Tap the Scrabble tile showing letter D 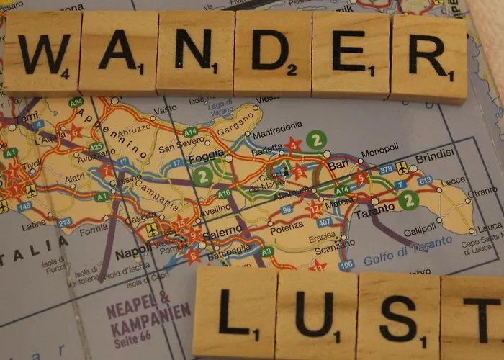pyautogui.click(x=272, y=54)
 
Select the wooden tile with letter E pyautogui.click(x=350, y=55)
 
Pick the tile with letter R pyautogui.click(x=429, y=58)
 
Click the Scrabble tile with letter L pyautogui.click(x=234, y=312)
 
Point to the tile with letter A pyautogui.click(x=117, y=53)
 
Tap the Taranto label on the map pyautogui.click(x=376, y=207)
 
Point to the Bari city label pyautogui.click(x=338, y=166)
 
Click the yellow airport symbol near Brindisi pyautogui.click(x=402, y=168)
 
